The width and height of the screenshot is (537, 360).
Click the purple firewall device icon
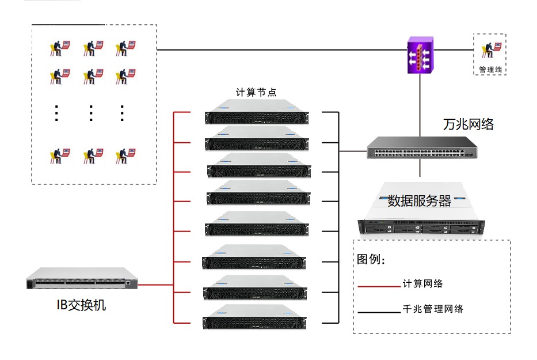point(418,56)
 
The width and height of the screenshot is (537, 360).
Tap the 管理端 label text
point(490,70)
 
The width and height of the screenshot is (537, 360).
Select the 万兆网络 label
point(468,124)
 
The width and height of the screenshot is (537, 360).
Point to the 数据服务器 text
point(419,200)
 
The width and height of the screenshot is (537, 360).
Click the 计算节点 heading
point(256,92)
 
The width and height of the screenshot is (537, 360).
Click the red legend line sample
point(378,286)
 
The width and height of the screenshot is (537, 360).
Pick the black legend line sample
point(378,313)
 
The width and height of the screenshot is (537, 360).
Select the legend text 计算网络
point(423,283)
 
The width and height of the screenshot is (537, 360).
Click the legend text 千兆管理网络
point(433,309)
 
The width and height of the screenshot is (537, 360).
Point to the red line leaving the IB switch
point(155,285)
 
